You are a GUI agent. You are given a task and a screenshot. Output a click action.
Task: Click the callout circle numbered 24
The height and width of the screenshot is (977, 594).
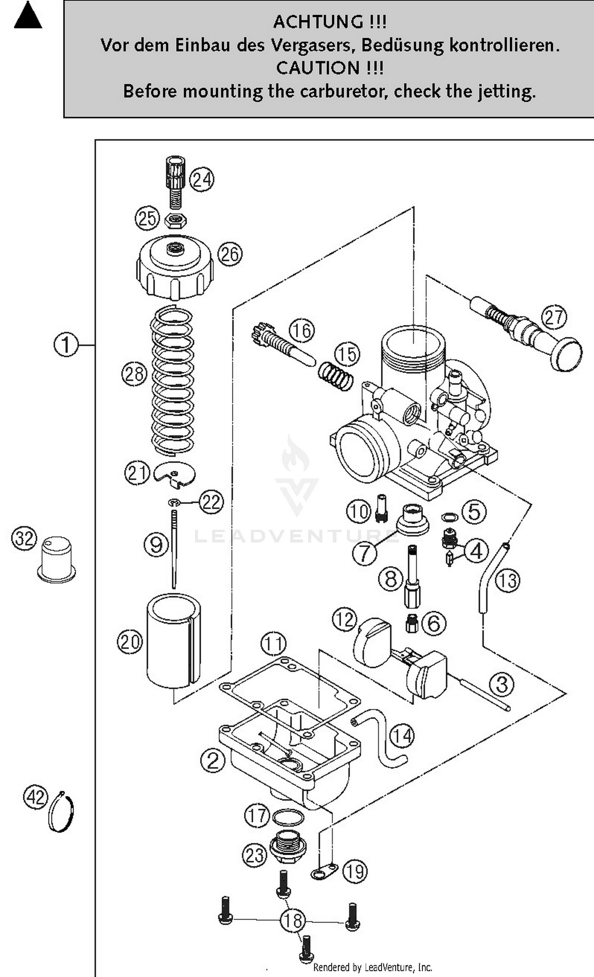point(202,180)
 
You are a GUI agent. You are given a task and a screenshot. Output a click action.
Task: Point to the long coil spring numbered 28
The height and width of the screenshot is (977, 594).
point(173,381)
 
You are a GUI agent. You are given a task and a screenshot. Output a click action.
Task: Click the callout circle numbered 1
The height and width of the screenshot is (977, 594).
point(66,345)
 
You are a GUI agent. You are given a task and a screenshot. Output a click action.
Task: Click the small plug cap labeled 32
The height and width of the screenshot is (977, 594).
point(56,559)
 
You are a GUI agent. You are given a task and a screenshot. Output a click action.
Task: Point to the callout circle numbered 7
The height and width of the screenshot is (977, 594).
point(364,553)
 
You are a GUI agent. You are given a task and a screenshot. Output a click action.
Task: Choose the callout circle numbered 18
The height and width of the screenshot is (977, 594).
point(293,920)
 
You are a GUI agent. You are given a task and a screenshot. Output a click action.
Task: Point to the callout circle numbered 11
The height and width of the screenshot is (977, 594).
point(274,644)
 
